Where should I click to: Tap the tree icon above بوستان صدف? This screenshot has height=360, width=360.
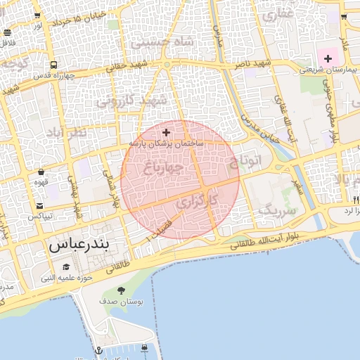click(121, 290)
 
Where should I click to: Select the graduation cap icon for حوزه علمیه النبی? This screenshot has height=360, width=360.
click(66, 267)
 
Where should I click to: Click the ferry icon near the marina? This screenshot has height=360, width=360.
click(144, 347)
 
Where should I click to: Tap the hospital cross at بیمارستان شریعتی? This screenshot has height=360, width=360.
click(328, 58)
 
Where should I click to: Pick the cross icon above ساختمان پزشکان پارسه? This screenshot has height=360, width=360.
click(166, 131)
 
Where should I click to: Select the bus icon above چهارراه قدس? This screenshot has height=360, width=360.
click(53, 65)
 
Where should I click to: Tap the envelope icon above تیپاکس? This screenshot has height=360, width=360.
click(40, 206)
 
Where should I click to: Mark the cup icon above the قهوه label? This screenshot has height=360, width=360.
click(41, 172)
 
